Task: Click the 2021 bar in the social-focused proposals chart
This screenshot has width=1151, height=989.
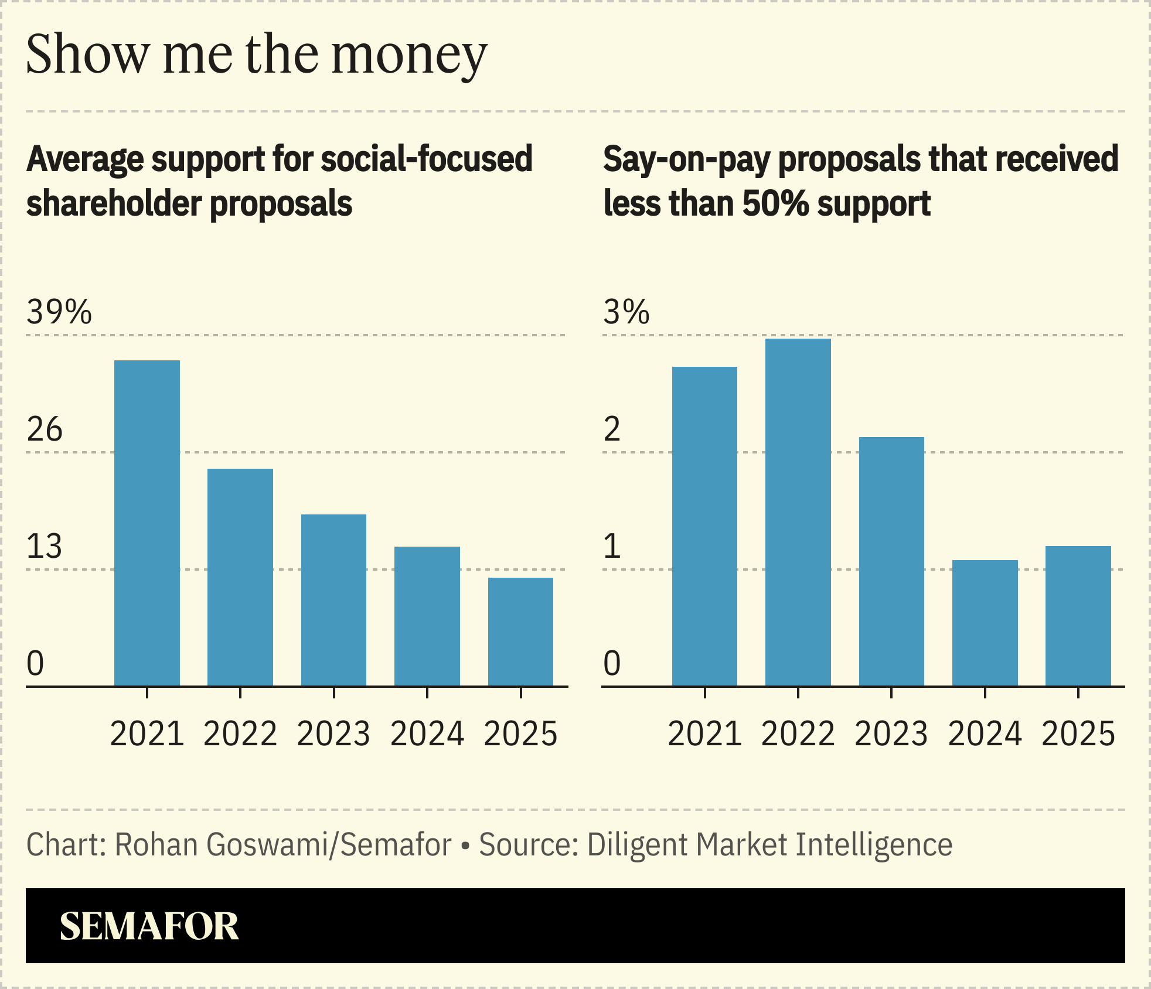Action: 147,523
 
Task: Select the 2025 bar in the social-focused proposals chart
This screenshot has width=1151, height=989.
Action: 520,632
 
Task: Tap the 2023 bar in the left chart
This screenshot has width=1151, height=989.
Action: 333,600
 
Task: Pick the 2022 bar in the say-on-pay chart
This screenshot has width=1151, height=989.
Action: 798,512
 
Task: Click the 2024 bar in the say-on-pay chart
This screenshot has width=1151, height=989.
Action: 985,623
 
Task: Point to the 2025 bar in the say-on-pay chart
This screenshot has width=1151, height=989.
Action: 1078,616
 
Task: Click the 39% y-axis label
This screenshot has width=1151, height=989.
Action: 59,312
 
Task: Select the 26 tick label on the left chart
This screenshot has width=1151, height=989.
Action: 45,429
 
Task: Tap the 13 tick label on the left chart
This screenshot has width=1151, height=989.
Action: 45,547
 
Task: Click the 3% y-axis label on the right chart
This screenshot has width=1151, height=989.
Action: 626,312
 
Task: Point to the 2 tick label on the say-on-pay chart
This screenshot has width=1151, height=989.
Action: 612,429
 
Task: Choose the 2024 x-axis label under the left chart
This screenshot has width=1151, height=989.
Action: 427,734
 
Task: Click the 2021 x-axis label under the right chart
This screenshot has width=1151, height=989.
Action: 704,734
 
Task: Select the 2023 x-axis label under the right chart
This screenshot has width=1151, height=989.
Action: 891,734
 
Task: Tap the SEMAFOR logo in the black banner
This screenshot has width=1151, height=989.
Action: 149,926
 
